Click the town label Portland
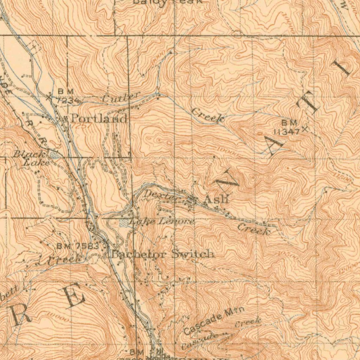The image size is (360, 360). [x=99, y=118]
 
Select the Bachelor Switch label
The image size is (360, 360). [x=162, y=254]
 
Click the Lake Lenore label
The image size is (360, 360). [x=161, y=221]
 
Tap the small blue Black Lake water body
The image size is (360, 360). [x=54, y=155]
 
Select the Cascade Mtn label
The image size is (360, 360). [x=214, y=320]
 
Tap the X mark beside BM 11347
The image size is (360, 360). [x=304, y=129]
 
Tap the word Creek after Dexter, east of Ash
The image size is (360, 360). [x=254, y=229]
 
